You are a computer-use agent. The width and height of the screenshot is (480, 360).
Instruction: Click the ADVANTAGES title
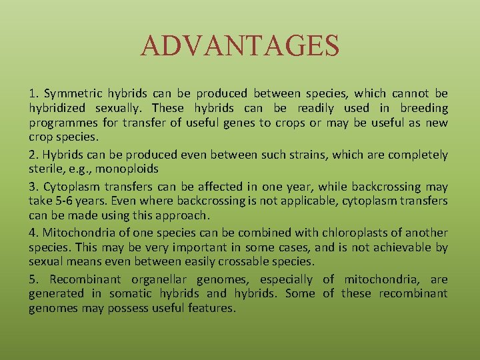(x=240, y=46)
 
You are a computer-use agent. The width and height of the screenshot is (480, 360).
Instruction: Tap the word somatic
(x=130, y=294)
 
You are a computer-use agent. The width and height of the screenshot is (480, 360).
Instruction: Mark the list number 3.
(x=33, y=187)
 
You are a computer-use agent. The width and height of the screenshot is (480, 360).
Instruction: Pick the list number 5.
(x=33, y=279)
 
